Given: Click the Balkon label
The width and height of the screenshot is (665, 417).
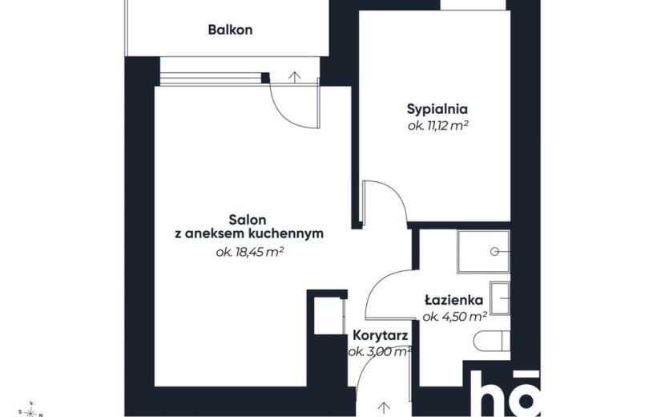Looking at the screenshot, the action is (x=230, y=30).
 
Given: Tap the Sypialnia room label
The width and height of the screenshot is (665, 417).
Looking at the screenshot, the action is (x=437, y=109).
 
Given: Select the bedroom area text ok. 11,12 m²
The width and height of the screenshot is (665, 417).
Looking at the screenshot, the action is (x=437, y=126).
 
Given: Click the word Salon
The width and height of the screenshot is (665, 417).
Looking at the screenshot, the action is (x=248, y=220).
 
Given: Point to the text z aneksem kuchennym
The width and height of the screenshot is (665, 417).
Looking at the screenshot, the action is (x=249, y=233).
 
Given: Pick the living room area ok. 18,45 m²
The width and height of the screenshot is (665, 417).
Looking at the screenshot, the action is (x=249, y=253).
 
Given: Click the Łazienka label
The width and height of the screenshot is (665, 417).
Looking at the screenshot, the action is (x=453, y=300).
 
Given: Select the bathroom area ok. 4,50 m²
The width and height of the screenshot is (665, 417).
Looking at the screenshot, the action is (x=454, y=317).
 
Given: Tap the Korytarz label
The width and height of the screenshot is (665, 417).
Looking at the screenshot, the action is (x=381, y=336).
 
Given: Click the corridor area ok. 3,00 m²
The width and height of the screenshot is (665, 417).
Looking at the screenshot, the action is (x=380, y=352).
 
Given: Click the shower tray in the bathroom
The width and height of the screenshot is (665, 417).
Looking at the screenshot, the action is (x=483, y=251).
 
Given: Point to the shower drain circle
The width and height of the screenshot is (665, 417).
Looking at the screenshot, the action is (x=494, y=251).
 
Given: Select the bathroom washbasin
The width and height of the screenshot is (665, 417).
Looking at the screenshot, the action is (x=500, y=298).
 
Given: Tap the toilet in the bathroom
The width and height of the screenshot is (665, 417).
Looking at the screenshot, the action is (x=492, y=342).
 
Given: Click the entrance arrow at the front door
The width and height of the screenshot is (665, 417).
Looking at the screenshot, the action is (x=384, y=407).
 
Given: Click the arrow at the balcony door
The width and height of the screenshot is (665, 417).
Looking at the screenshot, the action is (x=295, y=76).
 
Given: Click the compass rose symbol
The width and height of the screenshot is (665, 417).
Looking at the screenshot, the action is (x=30, y=411).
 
